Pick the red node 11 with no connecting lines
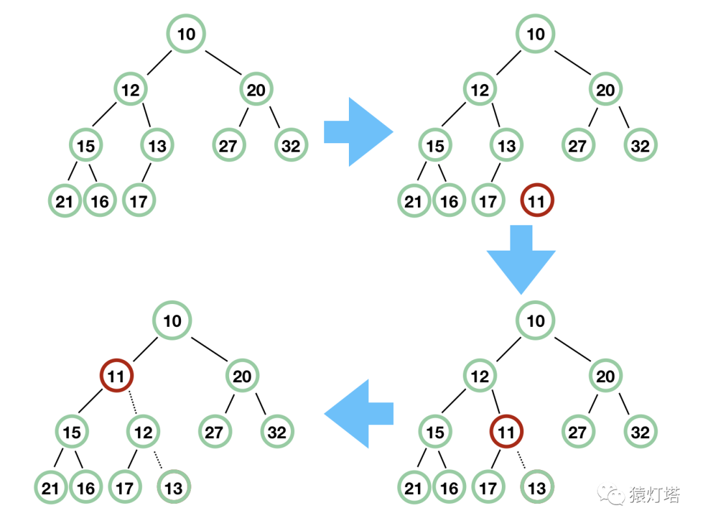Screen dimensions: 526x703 click(536, 201)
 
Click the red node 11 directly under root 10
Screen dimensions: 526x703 click(117, 376)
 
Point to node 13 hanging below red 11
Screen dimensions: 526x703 click(536, 488)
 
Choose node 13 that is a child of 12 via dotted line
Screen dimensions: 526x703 click(174, 488)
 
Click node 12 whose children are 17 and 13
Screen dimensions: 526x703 click(143, 432)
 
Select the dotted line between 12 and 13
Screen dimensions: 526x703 click(159, 460)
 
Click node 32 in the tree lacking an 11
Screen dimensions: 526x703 click(291, 145)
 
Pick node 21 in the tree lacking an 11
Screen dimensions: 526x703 click(64, 201)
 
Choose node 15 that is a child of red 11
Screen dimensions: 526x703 click(72, 432)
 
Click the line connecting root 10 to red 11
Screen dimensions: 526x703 click(144, 348)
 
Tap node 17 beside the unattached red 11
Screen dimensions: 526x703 click(488, 201)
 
